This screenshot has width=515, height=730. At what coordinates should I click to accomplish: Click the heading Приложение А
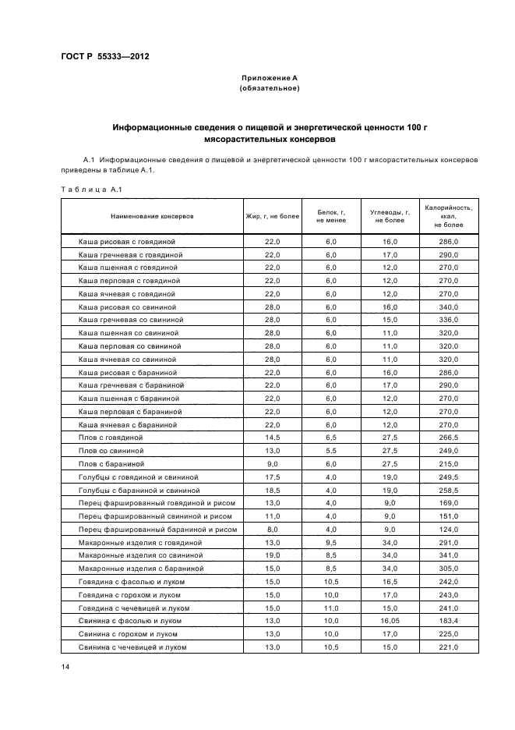(x=270, y=78)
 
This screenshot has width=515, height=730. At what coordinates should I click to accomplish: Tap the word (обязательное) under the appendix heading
(x=270, y=88)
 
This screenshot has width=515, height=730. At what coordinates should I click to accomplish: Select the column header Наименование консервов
(x=152, y=216)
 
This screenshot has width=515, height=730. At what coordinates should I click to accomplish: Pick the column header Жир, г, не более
(x=272, y=216)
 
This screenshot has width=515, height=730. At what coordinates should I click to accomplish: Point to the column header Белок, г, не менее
(x=331, y=216)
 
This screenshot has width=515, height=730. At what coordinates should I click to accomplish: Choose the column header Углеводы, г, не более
(x=390, y=216)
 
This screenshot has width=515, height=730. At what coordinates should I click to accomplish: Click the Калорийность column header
(x=448, y=216)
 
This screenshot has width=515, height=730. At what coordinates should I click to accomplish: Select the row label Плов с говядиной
(x=111, y=438)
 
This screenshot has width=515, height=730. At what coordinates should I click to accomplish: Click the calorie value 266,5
(x=449, y=438)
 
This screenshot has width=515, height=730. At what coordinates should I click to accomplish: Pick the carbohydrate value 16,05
(x=390, y=621)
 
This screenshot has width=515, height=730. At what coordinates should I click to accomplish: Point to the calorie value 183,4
(x=449, y=621)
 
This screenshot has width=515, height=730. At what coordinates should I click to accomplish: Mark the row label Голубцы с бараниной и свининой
(x=139, y=490)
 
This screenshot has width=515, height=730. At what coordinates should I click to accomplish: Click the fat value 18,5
(x=272, y=490)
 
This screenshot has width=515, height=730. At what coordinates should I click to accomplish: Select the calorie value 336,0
(x=449, y=320)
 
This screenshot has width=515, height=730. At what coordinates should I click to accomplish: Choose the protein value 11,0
(x=331, y=608)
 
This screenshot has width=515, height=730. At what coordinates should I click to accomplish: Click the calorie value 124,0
(x=449, y=530)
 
